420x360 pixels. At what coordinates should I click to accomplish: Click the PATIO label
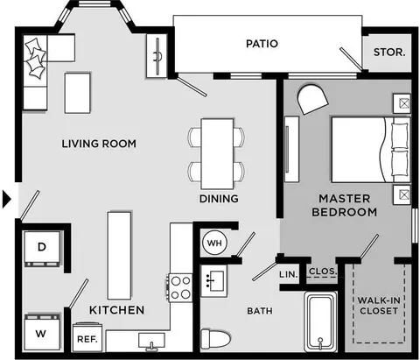(262, 44)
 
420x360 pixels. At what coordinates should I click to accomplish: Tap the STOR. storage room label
(389, 53)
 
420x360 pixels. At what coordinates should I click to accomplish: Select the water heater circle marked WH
(214, 243)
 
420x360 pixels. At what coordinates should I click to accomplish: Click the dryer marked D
(42, 249)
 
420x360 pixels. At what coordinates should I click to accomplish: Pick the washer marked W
(43, 333)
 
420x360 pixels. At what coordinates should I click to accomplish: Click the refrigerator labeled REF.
(87, 337)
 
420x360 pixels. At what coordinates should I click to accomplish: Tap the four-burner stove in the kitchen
(180, 287)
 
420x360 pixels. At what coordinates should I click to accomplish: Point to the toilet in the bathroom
(215, 339)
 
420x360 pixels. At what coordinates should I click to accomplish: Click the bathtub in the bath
(320, 321)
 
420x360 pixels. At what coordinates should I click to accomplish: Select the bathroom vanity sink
(214, 281)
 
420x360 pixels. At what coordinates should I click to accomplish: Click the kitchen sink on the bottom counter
(151, 342)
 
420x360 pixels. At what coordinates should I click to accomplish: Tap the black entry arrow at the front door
(6, 200)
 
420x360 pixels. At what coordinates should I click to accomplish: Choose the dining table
(217, 153)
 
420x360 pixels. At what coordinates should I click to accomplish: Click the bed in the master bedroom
(371, 150)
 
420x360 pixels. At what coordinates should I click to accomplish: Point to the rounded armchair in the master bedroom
(312, 99)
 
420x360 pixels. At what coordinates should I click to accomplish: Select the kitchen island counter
(119, 256)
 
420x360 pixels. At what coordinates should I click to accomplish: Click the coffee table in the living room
(77, 93)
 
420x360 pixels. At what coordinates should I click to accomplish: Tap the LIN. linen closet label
(288, 274)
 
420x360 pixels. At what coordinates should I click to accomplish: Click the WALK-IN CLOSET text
(379, 306)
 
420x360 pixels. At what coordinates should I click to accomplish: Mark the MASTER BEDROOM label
(345, 205)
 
